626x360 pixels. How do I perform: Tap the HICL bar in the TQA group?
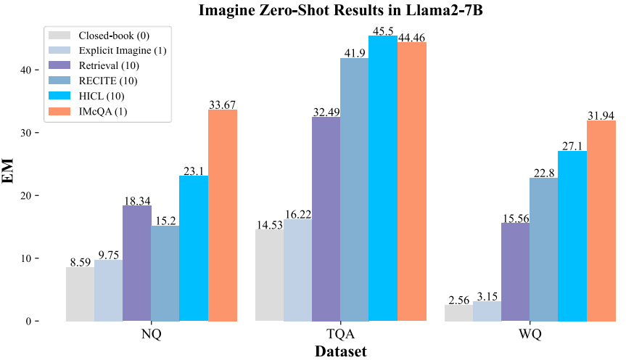(x=382, y=178)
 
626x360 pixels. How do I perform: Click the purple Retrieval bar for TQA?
(x=326, y=218)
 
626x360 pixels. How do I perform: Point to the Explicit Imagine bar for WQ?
(x=486, y=311)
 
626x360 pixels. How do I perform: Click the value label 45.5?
(x=382, y=30)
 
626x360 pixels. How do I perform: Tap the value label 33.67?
(x=223, y=104)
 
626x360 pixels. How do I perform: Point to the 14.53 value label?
(x=269, y=224)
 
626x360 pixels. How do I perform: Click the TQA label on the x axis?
(x=339, y=336)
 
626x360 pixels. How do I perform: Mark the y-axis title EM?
(x=10, y=176)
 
